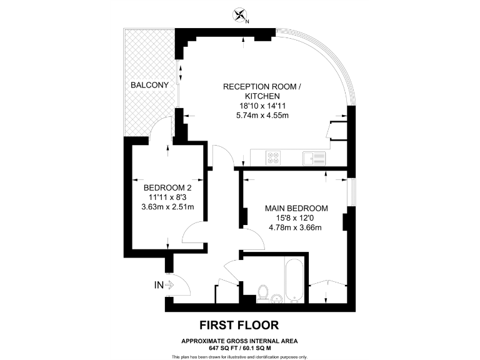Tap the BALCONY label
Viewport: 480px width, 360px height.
pos(149,85)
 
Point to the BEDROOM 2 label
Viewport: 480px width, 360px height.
pos(167,187)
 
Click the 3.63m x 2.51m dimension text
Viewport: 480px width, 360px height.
pos(167,207)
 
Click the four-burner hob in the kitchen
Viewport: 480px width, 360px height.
pos(273,157)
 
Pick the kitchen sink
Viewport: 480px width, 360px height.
pos(314,158)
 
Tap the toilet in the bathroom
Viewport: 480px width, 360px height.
pos(263,292)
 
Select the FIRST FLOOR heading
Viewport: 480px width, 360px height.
pos(239,325)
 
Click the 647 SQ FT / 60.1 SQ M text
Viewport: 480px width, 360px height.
pos(239,347)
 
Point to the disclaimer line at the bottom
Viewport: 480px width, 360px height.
pos(239,356)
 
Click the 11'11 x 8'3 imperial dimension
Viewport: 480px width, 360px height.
pos(167,197)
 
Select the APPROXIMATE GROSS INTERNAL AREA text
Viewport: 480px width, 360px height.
pos(239,341)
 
